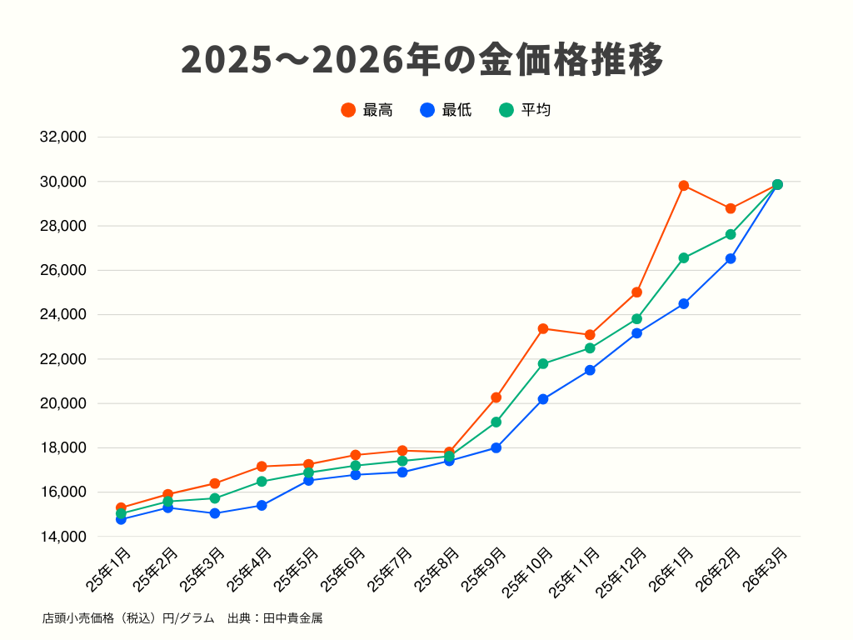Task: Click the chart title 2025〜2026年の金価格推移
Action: [422, 60]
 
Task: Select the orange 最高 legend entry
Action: [367, 110]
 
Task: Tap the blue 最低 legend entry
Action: [446, 110]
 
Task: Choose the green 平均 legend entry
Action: [526, 110]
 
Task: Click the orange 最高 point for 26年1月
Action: [684, 186]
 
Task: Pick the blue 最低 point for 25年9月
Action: [496, 447]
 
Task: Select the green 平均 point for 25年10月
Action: [543, 363]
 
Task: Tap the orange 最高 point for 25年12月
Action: [637, 292]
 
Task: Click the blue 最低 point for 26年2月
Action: [731, 258]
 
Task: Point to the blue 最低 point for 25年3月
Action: [215, 513]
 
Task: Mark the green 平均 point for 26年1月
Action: [684, 257]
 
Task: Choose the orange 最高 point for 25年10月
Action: [543, 328]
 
